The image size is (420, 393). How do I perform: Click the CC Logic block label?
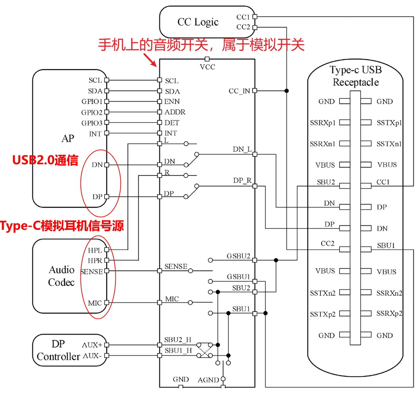tap(198, 22)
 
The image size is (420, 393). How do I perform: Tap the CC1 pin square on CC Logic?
tap(255, 17)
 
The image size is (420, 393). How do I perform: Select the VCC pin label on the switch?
tap(207, 67)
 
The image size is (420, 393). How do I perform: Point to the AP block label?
tap(68, 138)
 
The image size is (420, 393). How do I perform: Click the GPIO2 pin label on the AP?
tap(92, 112)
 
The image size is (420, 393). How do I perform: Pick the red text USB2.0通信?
tap(45, 160)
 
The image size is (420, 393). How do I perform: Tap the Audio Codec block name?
tap(61, 276)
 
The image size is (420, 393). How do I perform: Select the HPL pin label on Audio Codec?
tap(95, 250)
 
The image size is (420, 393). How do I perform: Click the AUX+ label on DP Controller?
tap(92, 345)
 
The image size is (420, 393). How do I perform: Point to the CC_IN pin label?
tap(239, 91)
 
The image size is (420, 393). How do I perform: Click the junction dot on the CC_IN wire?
tap(287, 91)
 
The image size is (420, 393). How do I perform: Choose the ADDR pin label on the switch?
tap(175, 112)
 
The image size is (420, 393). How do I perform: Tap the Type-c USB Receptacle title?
tap(355, 76)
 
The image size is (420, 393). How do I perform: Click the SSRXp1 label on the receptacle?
tap(323, 123)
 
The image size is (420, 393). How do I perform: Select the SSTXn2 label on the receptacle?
tap(323, 293)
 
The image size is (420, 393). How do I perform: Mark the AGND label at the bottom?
tap(208, 380)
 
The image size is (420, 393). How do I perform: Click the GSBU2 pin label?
tap(238, 256)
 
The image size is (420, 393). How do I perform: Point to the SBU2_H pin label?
tap(178, 340)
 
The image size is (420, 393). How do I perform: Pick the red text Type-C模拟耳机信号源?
tap(62, 226)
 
